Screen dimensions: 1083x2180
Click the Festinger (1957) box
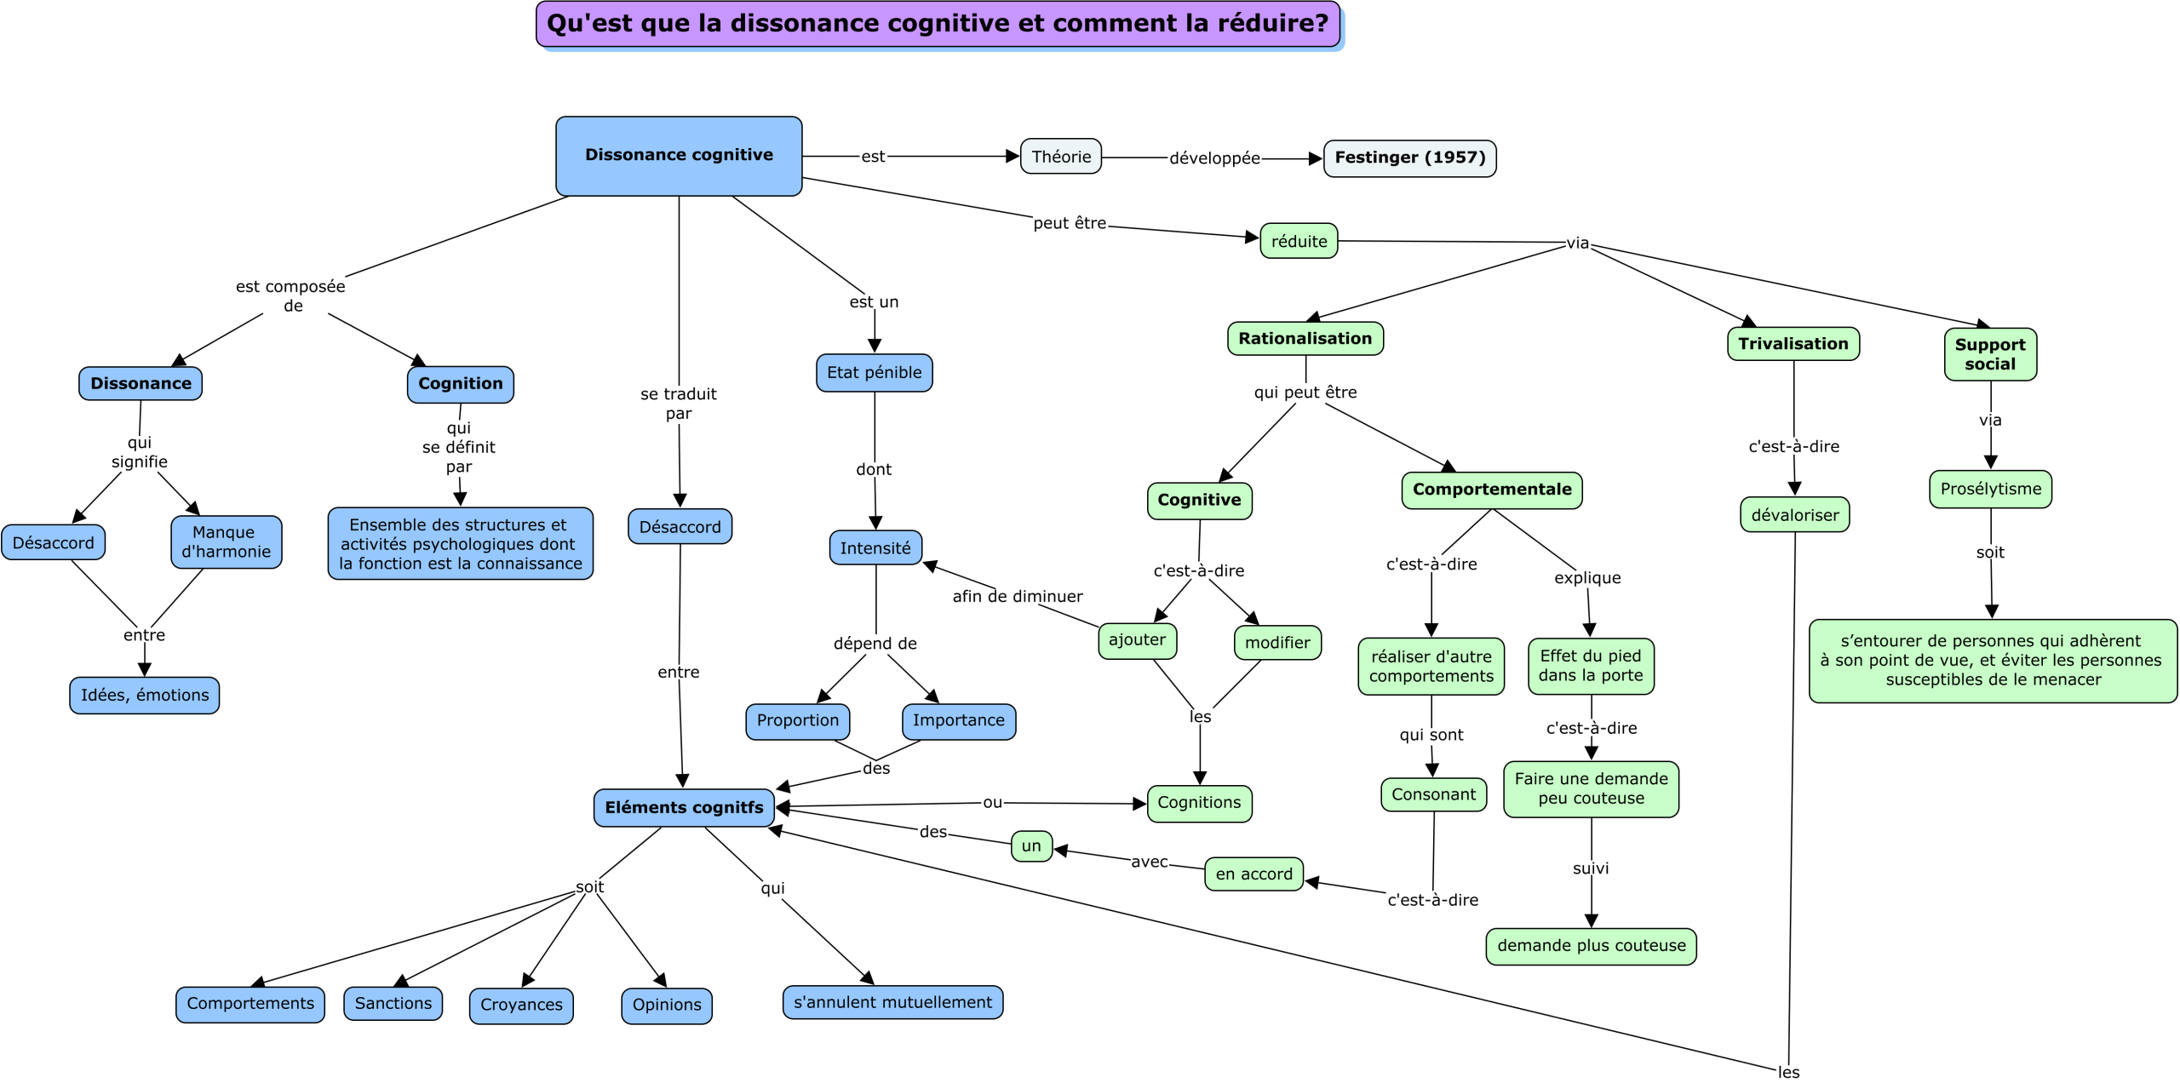coord(1409,158)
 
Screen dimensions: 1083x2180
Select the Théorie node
coord(1061,157)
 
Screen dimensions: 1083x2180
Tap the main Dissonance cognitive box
coord(679,156)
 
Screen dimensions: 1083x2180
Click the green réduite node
coord(1299,241)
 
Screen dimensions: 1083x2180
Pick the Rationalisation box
coord(1305,338)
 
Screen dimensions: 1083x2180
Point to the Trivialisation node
coord(1793,344)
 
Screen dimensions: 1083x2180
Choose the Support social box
coord(1989,354)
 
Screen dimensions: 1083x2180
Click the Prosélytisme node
coord(1990,489)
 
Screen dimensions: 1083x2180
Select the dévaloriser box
coord(1794,515)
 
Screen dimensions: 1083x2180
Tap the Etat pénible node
coord(874,373)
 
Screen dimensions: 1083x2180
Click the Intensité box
coord(875,547)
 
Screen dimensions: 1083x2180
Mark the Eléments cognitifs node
coord(684,807)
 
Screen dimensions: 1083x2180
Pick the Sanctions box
coord(393,1003)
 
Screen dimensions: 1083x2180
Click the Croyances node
coord(521,1005)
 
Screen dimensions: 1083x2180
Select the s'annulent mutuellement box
coord(892,1002)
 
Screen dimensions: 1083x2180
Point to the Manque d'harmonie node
coord(226,541)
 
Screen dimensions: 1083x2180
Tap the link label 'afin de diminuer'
coord(1017,596)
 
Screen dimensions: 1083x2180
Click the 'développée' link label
coord(1213,158)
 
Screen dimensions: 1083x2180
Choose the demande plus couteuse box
coord(1591,946)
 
